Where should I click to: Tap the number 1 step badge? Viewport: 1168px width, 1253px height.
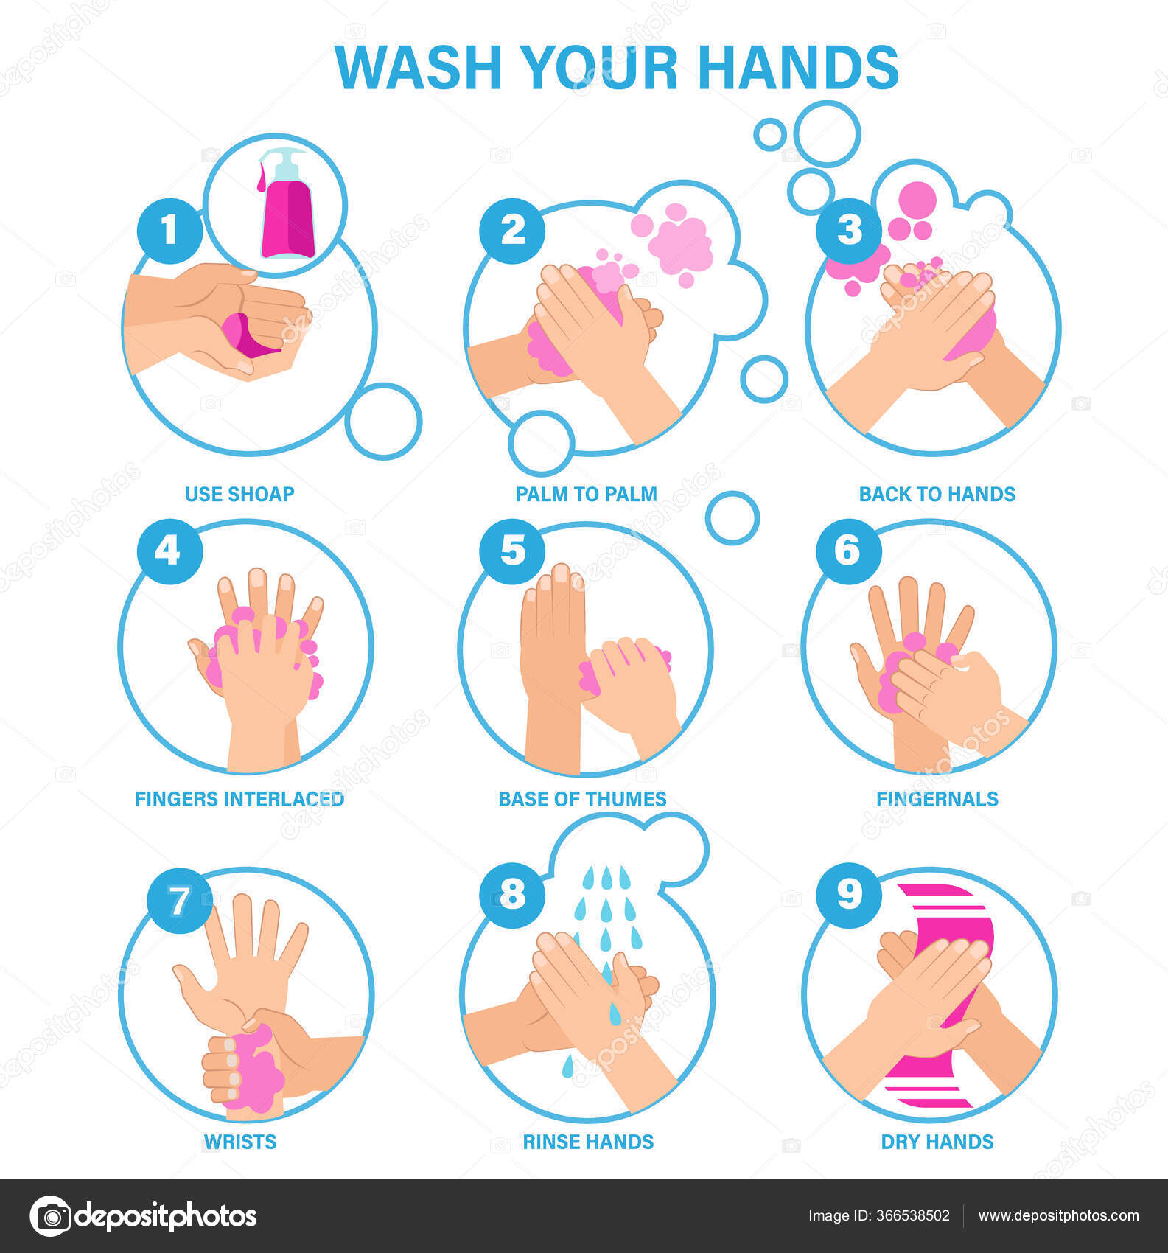pyautogui.click(x=169, y=230)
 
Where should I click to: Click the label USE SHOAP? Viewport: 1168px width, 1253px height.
pyautogui.click(x=239, y=494)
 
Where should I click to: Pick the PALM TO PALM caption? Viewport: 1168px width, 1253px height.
pyautogui.click(x=586, y=494)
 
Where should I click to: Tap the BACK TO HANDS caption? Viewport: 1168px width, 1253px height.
pyautogui.click(x=937, y=494)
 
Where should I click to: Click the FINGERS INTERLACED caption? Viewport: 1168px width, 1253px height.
pyautogui.click(x=239, y=799)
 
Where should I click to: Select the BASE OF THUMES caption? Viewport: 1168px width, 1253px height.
pyautogui.click(x=582, y=799)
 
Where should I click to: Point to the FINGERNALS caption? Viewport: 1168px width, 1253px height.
pyautogui.click(x=937, y=799)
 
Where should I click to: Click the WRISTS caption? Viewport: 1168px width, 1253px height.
pyautogui.click(x=240, y=1142)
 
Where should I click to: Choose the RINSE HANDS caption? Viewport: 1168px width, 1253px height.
pyautogui.click(x=588, y=1142)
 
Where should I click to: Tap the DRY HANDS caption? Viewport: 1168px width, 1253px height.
pyautogui.click(x=937, y=1142)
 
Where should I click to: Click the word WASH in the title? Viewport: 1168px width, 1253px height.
pyautogui.click(x=419, y=68)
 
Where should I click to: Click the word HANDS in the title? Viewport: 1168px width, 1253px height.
pyautogui.click(x=798, y=68)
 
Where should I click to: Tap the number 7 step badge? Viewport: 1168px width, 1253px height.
pyautogui.click(x=179, y=901)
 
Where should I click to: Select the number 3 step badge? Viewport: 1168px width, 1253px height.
pyautogui.click(x=849, y=230)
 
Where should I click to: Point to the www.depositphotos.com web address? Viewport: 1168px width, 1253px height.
pyautogui.click(x=1059, y=1215)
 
